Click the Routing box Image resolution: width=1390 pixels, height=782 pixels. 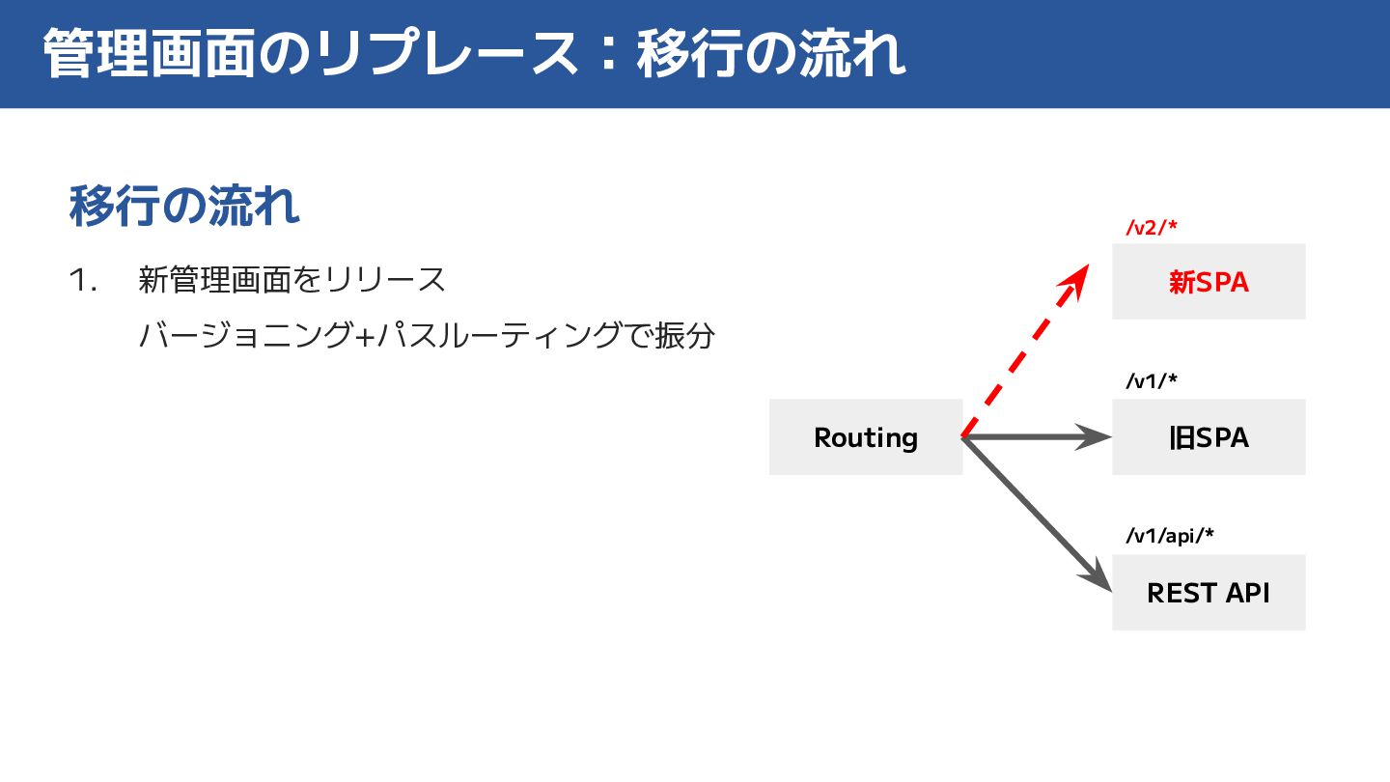pyautogui.click(x=866, y=437)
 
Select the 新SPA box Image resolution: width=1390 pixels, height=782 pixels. pyautogui.click(x=1209, y=282)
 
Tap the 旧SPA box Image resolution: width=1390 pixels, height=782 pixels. pyautogui.click(x=1209, y=437)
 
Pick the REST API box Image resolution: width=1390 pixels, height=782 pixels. pyautogui.click(x=1209, y=593)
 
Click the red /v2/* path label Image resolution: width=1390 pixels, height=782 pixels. pyautogui.click(x=1152, y=228)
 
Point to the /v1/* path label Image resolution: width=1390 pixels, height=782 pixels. pyautogui.click(x=1152, y=381)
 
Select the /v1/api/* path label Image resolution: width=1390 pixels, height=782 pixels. pyautogui.click(x=1169, y=537)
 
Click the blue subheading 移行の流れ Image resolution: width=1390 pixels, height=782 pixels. pyautogui.click(x=184, y=206)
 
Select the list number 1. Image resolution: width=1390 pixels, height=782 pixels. pyautogui.click(x=84, y=281)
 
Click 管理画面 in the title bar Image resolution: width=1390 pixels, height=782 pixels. pyautogui.click(x=150, y=55)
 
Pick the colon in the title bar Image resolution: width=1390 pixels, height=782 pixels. pyautogui.click(x=605, y=55)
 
